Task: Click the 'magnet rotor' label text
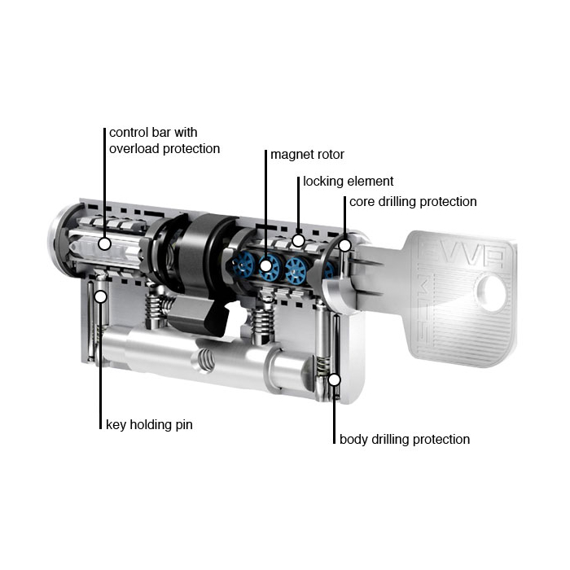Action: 307,155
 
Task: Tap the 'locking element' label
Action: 349,181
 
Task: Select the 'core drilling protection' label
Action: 413,201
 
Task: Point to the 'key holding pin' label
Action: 149,424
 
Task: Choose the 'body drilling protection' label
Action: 405,439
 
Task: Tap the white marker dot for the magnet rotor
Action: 266,265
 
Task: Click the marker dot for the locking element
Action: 299,240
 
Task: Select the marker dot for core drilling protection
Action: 345,246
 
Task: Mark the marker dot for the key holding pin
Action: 101,296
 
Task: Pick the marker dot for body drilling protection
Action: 334,380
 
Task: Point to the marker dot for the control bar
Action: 105,243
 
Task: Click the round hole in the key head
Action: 491,293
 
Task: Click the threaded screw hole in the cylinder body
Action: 204,360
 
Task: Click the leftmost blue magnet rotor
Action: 243,265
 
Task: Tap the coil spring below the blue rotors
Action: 262,322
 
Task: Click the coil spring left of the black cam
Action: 156,309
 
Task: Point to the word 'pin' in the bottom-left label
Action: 184,424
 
